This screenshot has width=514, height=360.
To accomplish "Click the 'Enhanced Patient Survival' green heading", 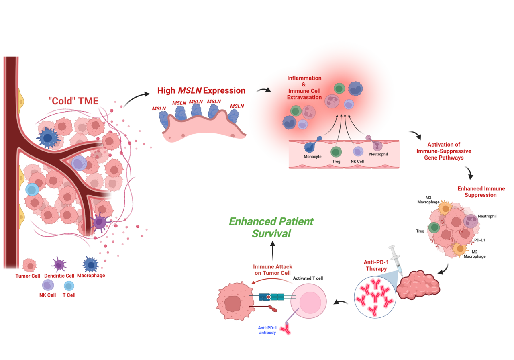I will pos(271,227).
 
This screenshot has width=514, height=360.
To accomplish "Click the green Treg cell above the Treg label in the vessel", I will pos(336,151).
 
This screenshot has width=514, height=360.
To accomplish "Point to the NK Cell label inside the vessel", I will pos(357,161).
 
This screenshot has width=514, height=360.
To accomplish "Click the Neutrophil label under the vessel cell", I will pos(378,154).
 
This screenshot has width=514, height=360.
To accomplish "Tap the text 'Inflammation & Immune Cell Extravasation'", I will pos(304,88).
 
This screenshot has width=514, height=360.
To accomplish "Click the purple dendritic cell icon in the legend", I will pos(59,265).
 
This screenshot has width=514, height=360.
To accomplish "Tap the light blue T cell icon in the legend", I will pos(69,286).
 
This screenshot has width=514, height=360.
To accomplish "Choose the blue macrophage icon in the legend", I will pos(90,265).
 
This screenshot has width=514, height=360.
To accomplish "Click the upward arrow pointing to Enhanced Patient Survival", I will pos(273,250).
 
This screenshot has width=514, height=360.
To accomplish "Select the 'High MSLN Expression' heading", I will pos(201,91).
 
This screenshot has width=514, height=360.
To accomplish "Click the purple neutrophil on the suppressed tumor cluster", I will pos(470,221).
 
